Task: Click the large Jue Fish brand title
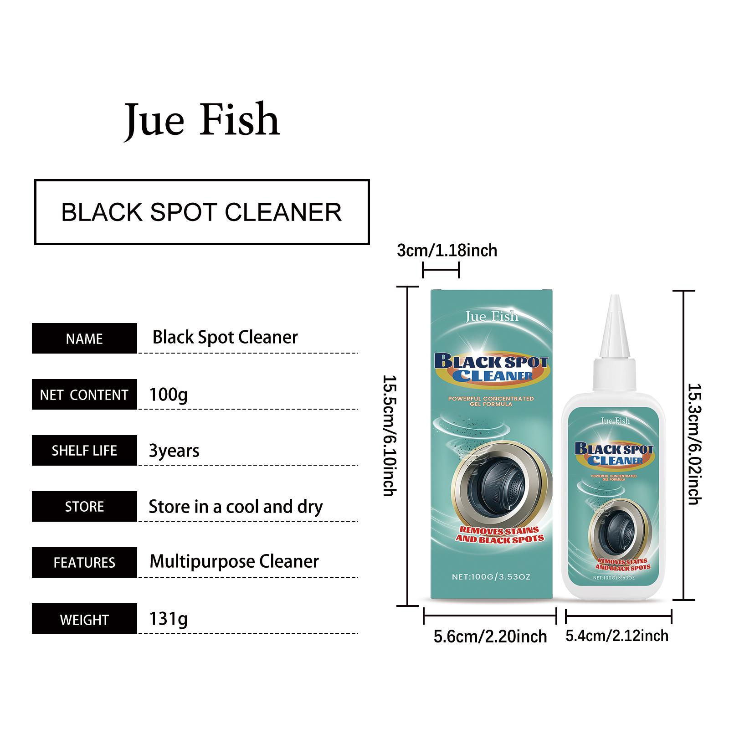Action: [x=202, y=121]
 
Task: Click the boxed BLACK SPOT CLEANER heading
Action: [x=202, y=212]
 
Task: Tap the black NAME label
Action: [x=84, y=339]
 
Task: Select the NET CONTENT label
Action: [x=84, y=395]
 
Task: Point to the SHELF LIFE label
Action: [x=84, y=451]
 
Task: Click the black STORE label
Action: [x=84, y=507]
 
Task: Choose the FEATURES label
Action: [x=84, y=563]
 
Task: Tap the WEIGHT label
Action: [x=84, y=619]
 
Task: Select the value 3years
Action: [x=174, y=451]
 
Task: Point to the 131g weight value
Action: [x=169, y=619]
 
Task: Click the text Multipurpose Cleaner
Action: [x=234, y=562]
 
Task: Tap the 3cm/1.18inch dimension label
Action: [x=447, y=251]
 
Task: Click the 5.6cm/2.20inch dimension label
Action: [x=490, y=637]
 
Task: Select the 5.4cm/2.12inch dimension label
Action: [x=617, y=636]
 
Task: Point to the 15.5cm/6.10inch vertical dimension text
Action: [x=389, y=436]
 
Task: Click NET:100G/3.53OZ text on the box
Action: [x=491, y=577]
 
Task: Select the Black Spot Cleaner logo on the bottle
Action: [x=614, y=454]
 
